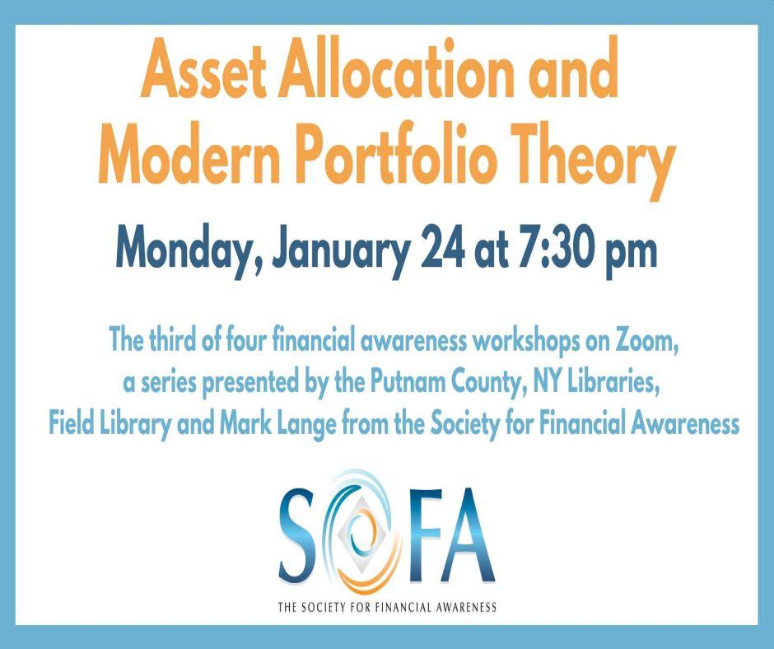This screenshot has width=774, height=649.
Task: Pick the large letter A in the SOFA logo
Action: [471, 535]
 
